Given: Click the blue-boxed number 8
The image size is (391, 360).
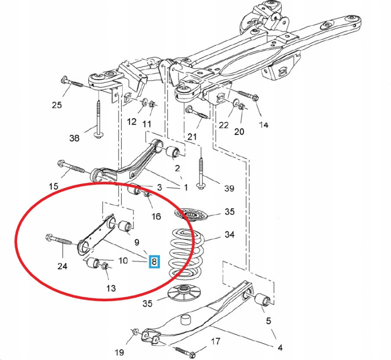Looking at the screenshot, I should [154, 262].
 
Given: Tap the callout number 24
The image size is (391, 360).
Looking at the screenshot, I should [62, 266].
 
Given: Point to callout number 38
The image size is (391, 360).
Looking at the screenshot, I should [74, 138].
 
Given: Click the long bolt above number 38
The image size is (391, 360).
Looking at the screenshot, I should [99, 117].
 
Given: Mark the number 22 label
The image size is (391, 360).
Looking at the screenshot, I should [223, 125].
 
